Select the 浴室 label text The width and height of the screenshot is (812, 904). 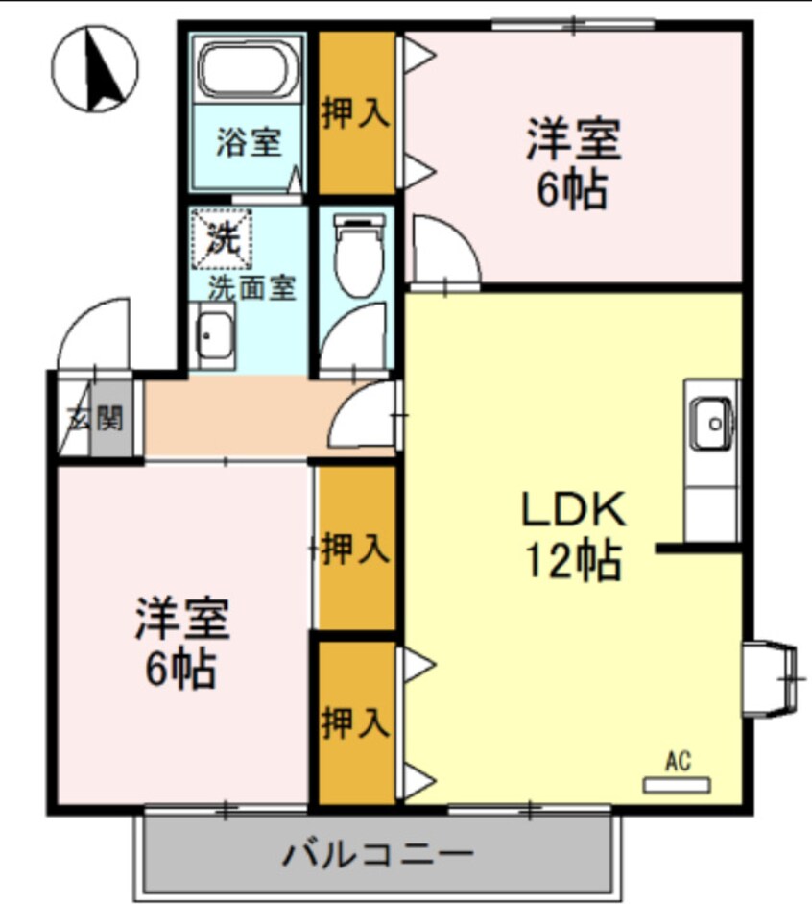pyautogui.click(x=248, y=143)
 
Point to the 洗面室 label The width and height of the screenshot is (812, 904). pyautogui.click(x=252, y=287)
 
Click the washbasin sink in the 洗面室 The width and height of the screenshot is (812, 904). pyautogui.click(x=213, y=336)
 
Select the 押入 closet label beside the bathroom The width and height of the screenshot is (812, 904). pyautogui.click(x=355, y=113)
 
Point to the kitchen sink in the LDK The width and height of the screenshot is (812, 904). pyautogui.click(x=711, y=420)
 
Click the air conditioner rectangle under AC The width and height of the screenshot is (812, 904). pyautogui.click(x=678, y=785)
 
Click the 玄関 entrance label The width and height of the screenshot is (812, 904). pyautogui.click(x=95, y=419)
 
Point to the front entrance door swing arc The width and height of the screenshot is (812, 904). pyautogui.click(x=94, y=331)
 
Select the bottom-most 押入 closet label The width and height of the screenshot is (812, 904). pyautogui.click(x=355, y=721)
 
